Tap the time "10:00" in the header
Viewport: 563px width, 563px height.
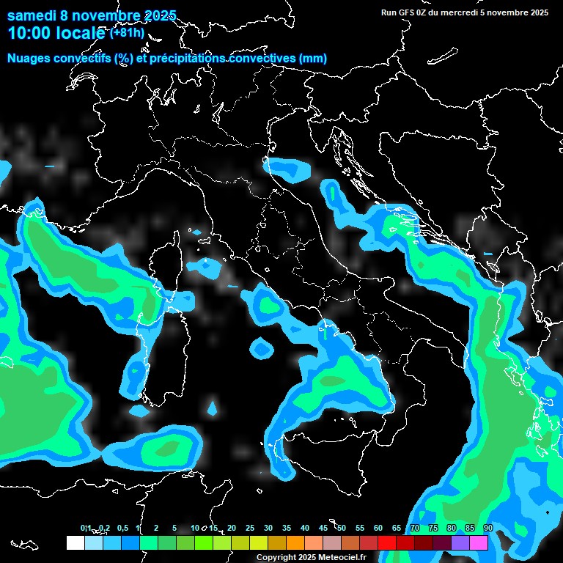(x=29, y=33)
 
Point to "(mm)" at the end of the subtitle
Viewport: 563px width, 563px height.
(x=312, y=58)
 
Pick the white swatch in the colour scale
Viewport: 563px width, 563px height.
(x=75, y=543)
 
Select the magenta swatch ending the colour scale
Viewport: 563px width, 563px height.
(x=479, y=543)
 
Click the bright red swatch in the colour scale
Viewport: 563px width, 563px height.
(x=387, y=543)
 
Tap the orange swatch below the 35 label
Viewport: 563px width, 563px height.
(x=295, y=543)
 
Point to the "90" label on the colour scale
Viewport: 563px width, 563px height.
(x=488, y=528)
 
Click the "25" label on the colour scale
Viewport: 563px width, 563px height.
(x=250, y=528)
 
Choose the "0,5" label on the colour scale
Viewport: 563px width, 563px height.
(x=122, y=528)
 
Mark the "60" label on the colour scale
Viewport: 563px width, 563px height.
(x=378, y=528)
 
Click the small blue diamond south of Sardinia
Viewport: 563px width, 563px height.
(x=213, y=406)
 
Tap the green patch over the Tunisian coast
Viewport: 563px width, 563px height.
(x=168, y=446)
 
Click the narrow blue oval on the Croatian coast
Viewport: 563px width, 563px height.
(x=334, y=194)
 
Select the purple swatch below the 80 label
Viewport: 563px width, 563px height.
(x=460, y=543)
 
